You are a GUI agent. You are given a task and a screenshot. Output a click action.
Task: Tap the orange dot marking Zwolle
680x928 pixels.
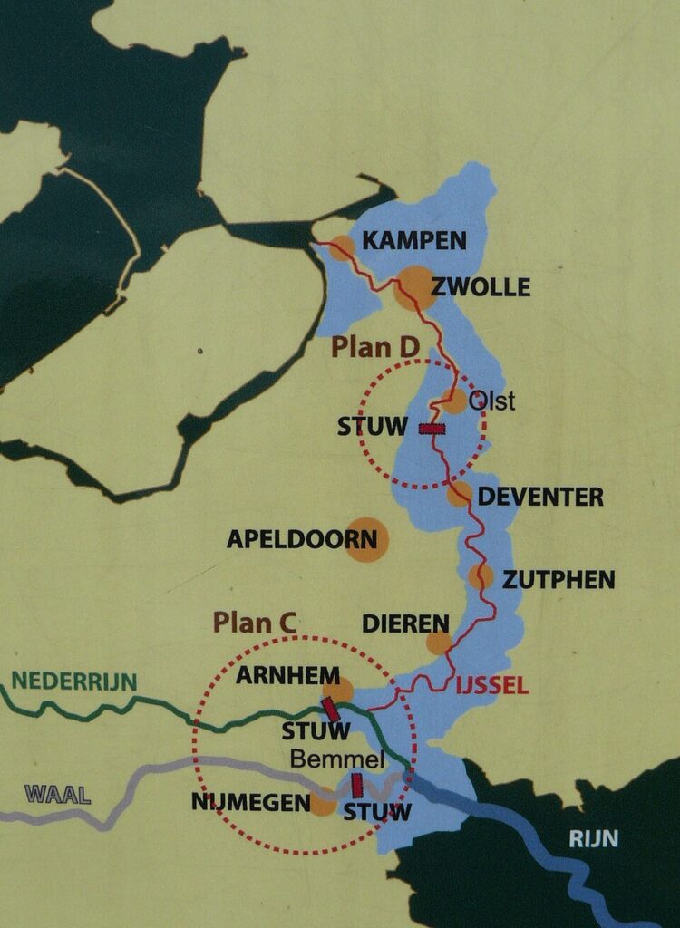pos(413,288)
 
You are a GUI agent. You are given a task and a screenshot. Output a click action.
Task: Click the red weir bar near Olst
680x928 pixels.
pos(432,428)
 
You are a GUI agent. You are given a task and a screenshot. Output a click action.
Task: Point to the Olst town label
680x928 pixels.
pos(491,401)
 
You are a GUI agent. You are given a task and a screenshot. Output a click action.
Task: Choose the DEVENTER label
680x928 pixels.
pos(540,497)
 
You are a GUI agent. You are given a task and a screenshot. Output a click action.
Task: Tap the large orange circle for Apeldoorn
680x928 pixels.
pos(366,540)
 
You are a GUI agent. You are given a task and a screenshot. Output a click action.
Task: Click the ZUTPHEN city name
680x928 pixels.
pos(559,579)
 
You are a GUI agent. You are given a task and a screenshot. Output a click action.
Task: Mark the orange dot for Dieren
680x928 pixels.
pos(439,643)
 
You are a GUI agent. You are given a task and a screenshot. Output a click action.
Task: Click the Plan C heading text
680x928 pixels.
pos(255,623)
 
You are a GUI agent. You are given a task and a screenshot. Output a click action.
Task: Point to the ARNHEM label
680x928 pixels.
pos(287,676)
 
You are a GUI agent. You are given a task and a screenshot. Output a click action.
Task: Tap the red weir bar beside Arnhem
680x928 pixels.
pos(331,710)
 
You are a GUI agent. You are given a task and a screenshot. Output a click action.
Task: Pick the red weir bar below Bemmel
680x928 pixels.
pos(356,785)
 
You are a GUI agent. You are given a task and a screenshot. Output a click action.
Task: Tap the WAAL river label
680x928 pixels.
pos(58,796)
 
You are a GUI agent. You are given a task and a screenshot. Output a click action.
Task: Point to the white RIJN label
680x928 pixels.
pos(593,839)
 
